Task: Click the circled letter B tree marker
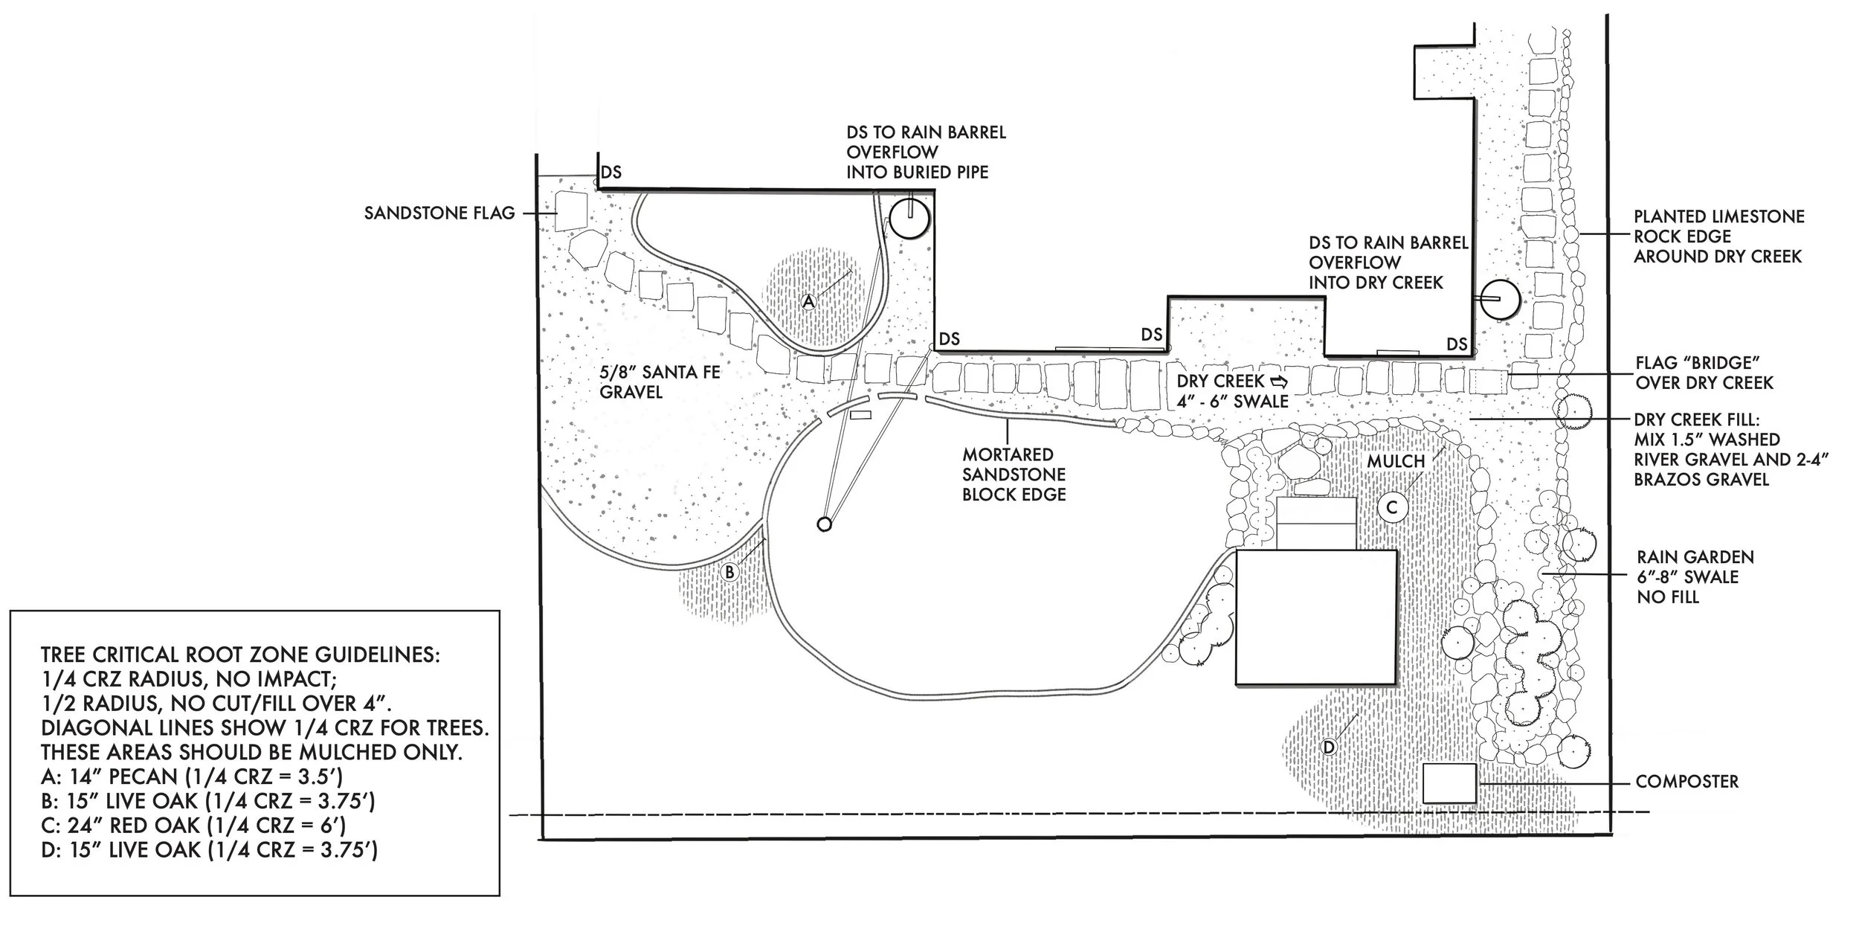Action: pos(730,571)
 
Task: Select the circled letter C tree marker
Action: pos(1393,508)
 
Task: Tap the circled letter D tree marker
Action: pos(1329,746)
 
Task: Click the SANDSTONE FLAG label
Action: pos(439,213)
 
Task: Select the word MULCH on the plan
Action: pos(1396,461)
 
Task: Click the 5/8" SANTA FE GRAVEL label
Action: pos(660,382)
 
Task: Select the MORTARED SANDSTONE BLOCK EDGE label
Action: pos(1014,475)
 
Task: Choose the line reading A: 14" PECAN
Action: pos(192,777)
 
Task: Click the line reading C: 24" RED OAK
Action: pos(194,826)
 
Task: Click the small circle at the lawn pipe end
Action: pos(823,524)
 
